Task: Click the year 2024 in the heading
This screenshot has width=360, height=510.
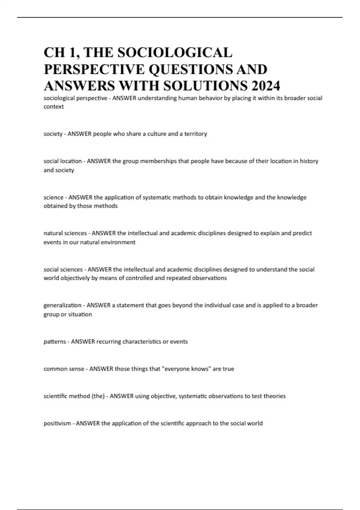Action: click(266, 86)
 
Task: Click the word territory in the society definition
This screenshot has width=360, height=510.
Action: click(196, 134)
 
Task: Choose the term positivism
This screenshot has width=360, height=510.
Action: click(57, 423)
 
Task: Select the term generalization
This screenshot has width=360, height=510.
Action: click(62, 305)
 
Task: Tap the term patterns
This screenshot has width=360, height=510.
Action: click(55, 342)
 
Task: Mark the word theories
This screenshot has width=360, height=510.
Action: click(274, 396)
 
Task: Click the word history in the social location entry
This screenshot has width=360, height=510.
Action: click(309, 161)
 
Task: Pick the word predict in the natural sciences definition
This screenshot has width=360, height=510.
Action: click(302, 233)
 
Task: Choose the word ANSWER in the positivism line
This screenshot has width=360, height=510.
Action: click(88, 423)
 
